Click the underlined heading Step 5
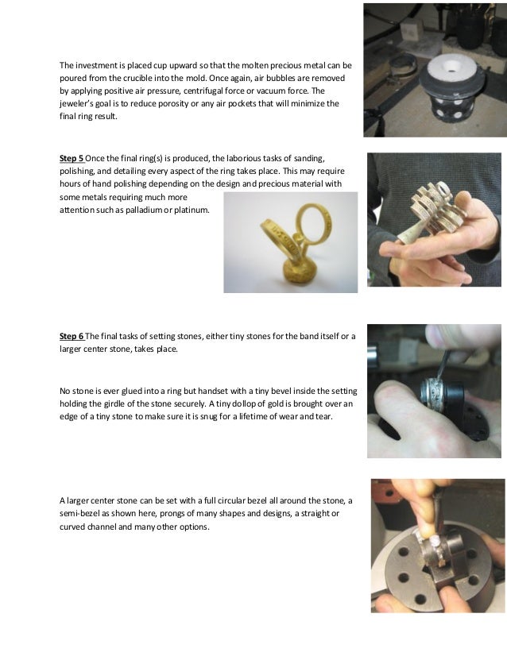point(72,156)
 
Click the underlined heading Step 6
point(72,336)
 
